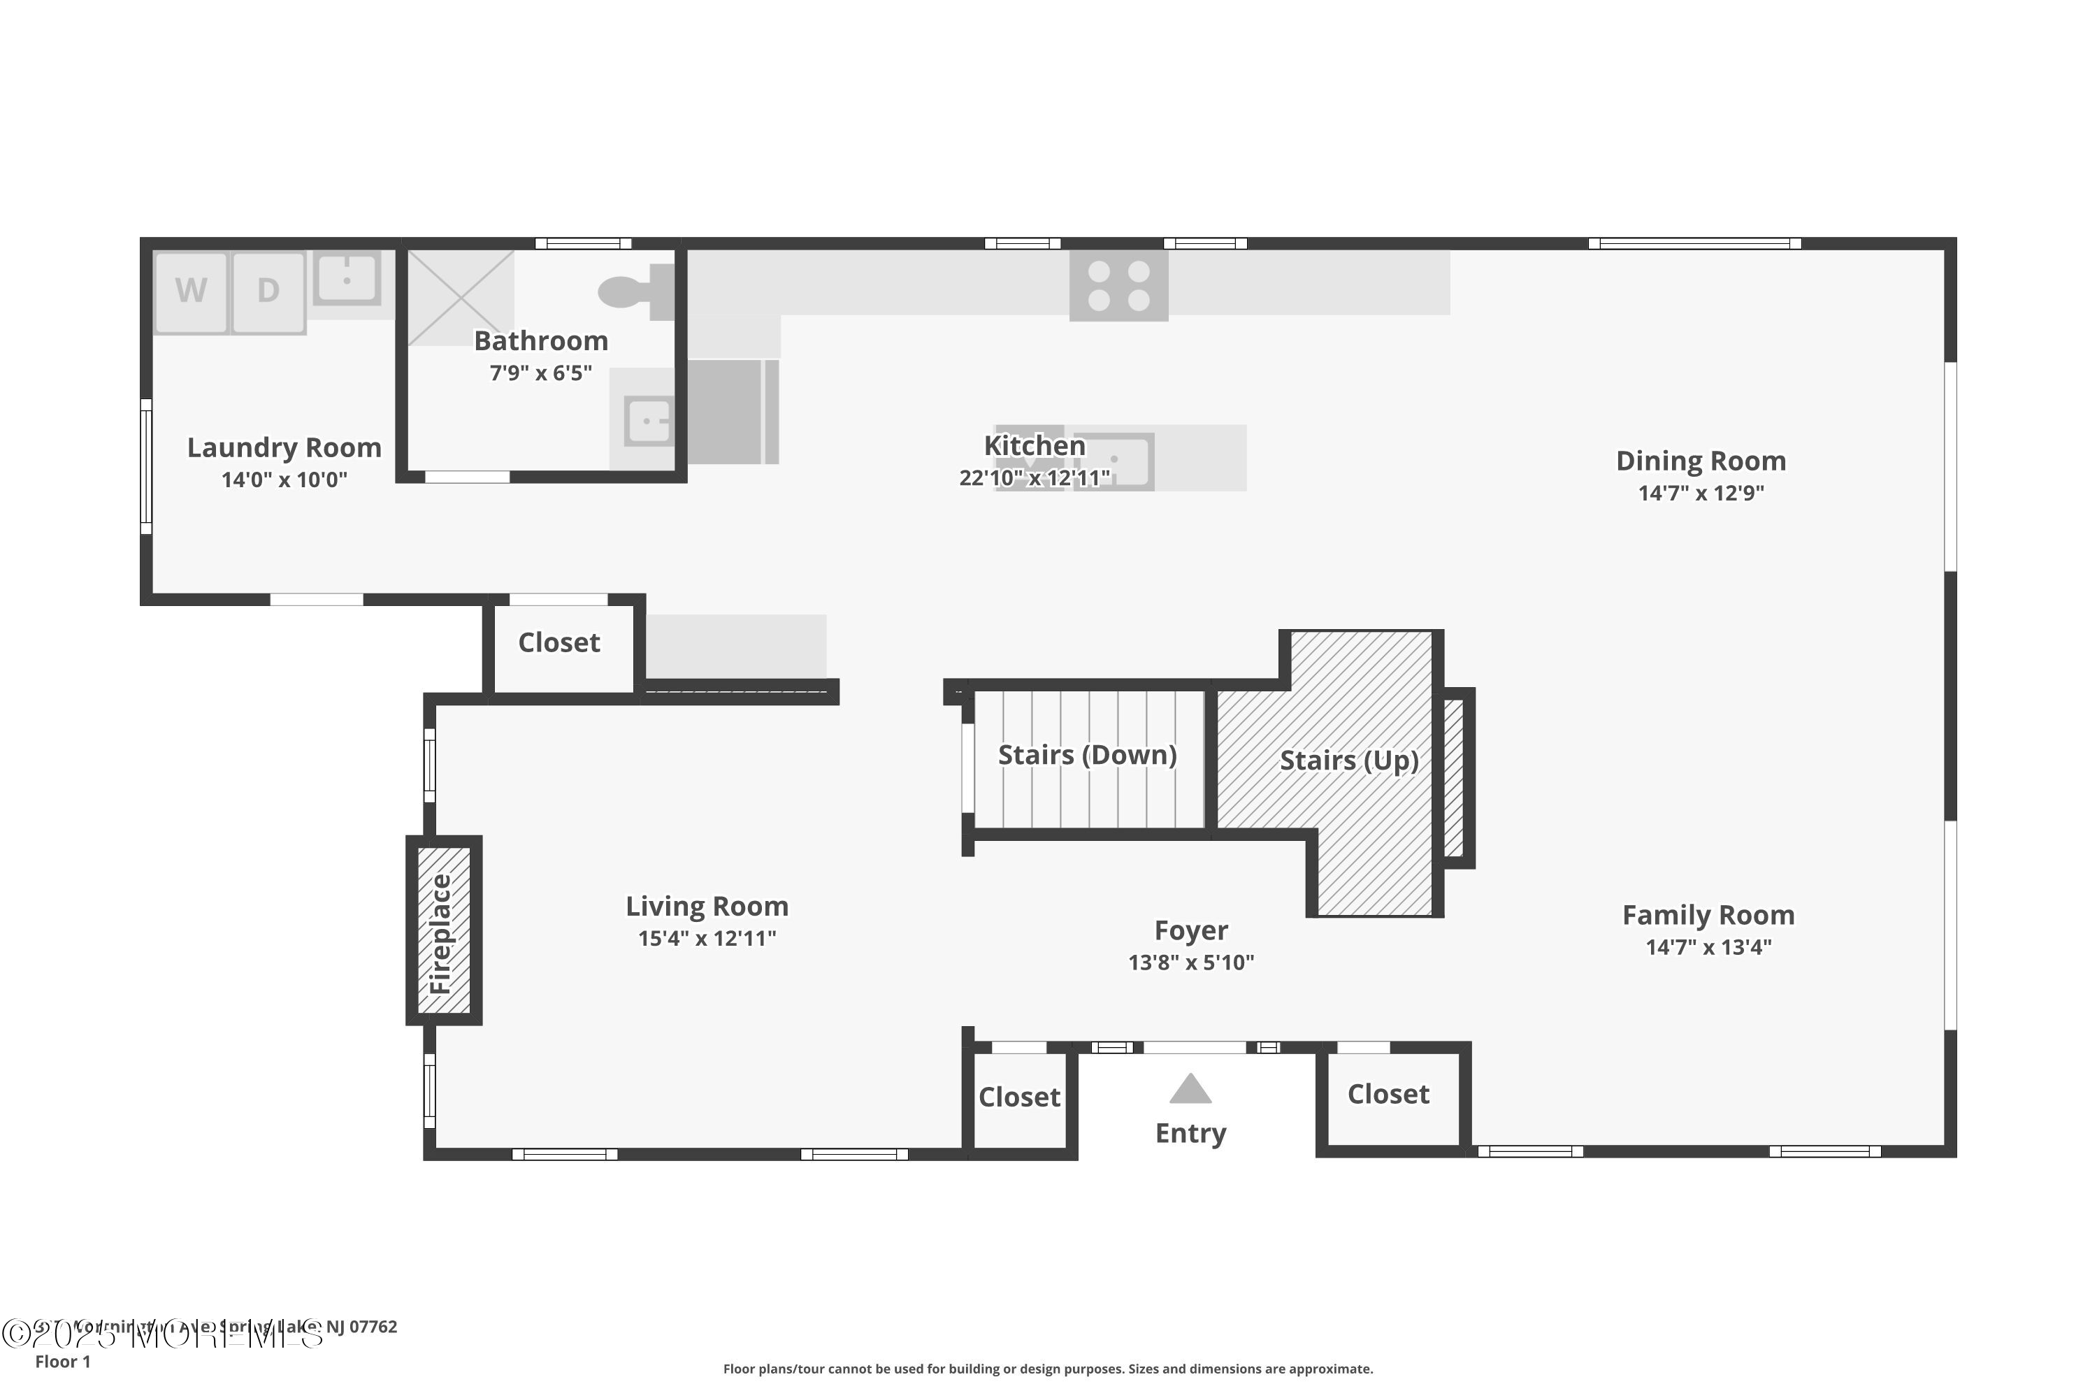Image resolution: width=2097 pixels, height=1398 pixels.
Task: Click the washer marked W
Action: [191, 291]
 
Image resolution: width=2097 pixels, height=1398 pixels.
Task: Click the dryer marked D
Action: [268, 291]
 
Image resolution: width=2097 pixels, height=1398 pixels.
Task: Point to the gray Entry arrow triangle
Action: [1190, 1090]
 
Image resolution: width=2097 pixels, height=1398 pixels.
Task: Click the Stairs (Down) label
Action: [1087, 755]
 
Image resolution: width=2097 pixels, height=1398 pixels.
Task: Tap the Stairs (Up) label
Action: [1348, 761]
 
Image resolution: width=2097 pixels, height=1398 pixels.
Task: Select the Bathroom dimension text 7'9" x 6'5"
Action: [540, 373]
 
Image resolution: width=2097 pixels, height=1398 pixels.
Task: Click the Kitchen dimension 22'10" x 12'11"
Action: [1035, 479]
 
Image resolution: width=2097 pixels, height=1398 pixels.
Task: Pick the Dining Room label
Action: [1700, 461]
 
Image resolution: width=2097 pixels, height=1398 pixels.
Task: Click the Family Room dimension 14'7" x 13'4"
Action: [1708, 948]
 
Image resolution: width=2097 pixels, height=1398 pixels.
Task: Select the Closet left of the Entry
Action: [1019, 1097]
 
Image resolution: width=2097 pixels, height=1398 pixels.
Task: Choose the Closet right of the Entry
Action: [1388, 1094]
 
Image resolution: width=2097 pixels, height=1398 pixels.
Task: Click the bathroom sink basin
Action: [648, 421]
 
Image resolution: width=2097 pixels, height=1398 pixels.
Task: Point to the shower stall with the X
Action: [461, 297]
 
